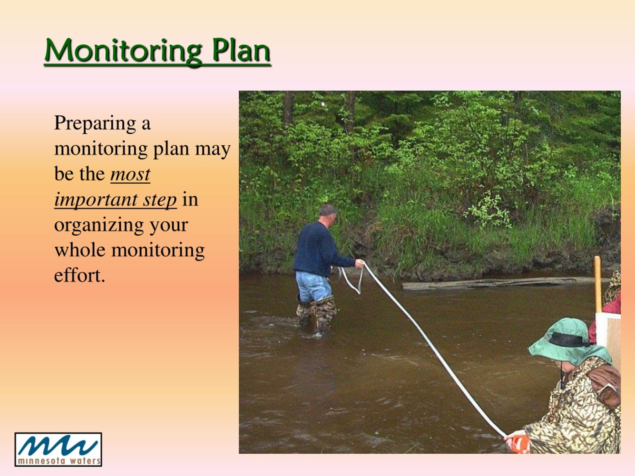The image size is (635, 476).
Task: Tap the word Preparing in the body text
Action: pyautogui.click(x=95, y=124)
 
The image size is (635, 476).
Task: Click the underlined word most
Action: pyautogui.click(x=130, y=175)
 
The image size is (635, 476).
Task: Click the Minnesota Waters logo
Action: pyautogui.click(x=58, y=449)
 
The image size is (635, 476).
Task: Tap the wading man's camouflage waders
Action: pyautogui.click(x=317, y=314)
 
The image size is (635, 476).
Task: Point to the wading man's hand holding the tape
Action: pyautogui.click(x=360, y=263)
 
